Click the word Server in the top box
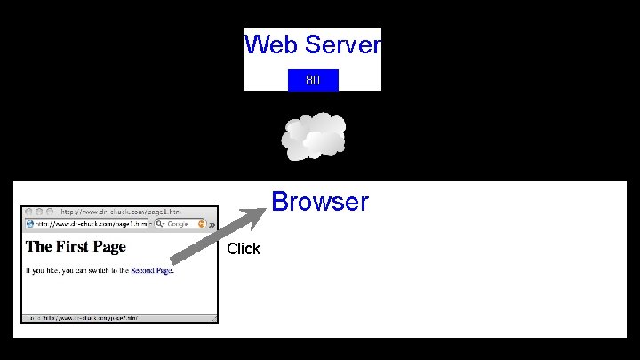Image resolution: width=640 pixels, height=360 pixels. (341, 44)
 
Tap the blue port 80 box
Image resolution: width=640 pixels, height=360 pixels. (313, 80)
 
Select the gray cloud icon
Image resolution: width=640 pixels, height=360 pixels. (314, 136)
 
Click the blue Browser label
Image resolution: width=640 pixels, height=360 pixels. (320, 202)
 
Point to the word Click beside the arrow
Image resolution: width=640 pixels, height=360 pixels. (244, 249)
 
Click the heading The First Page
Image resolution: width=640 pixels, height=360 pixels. (76, 246)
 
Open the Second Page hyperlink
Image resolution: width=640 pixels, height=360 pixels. (151, 270)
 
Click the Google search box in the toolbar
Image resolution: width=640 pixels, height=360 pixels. (182, 224)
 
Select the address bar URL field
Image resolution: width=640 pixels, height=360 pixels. (89, 224)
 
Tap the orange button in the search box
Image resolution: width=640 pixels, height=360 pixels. (204, 224)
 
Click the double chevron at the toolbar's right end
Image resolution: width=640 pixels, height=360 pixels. (212, 224)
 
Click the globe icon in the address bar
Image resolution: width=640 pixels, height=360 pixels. (29, 224)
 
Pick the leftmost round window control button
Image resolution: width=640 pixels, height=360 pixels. (28, 212)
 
